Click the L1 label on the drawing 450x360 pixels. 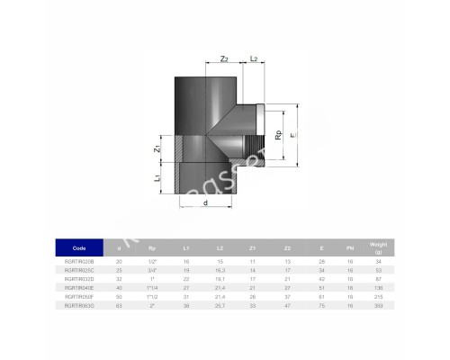(x=159, y=178)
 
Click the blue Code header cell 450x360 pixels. (x=80, y=247)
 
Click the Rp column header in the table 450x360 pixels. (x=152, y=247)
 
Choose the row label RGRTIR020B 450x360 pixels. (x=80, y=261)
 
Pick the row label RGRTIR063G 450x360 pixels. (x=80, y=306)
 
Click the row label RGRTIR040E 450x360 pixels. (x=80, y=288)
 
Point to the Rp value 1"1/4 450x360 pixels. (x=152, y=288)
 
